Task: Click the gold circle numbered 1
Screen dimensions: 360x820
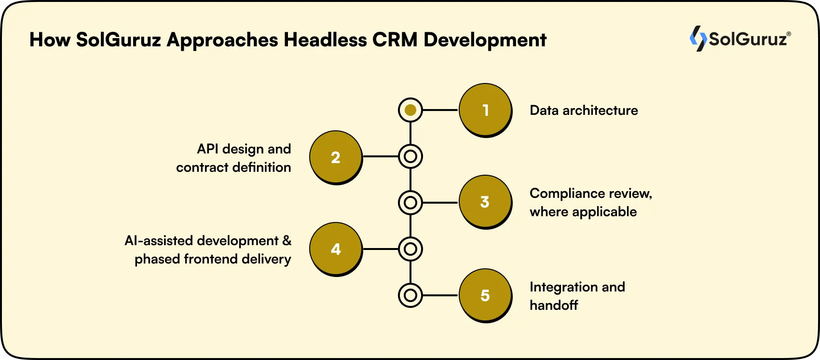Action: (x=485, y=110)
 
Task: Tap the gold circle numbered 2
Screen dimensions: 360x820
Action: (x=335, y=157)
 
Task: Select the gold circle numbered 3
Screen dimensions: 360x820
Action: (x=485, y=202)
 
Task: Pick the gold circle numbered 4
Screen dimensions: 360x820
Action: (x=335, y=249)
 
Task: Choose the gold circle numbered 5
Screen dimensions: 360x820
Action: (x=485, y=295)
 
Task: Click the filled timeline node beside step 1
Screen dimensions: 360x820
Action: (x=410, y=110)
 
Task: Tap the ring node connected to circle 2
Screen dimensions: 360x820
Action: (x=410, y=157)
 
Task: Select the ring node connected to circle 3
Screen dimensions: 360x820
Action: (x=410, y=203)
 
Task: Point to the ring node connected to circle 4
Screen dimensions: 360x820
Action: (x=410, y=249)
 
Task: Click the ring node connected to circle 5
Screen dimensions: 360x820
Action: (x=410, y=295)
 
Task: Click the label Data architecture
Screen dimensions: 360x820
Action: (x=584, y=111)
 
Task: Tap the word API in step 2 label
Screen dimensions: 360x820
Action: (x=208, y=149)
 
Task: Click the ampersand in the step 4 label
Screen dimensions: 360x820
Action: (x=287, y=241)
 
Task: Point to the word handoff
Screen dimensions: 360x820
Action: (x=554, y=305)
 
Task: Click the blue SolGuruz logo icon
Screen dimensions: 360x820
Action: (x=697, y=39)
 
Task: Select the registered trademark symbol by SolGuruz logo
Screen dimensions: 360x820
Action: (x=789, y=34)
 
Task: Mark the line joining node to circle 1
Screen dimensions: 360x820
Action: (x=440, y=110)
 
